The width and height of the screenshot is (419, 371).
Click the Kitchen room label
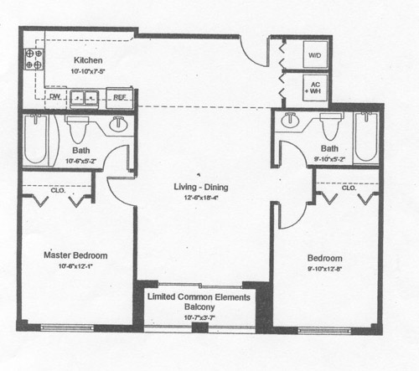tap(88, 59)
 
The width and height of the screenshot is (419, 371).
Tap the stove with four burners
tap(34, 58)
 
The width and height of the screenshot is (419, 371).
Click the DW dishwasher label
tap(54, 96)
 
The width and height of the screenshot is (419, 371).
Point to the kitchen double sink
tap(84, 98)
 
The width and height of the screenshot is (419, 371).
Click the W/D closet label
tap(315, 55)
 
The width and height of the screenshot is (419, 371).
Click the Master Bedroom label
tap(75, 255)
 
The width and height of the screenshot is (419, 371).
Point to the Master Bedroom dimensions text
tap(75, 266)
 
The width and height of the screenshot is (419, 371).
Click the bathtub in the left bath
tap(37, 140)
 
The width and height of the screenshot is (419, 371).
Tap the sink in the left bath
tap(118, 124)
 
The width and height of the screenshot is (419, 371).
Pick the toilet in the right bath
tap(328, 126)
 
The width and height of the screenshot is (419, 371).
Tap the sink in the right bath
tap(290, 120)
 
